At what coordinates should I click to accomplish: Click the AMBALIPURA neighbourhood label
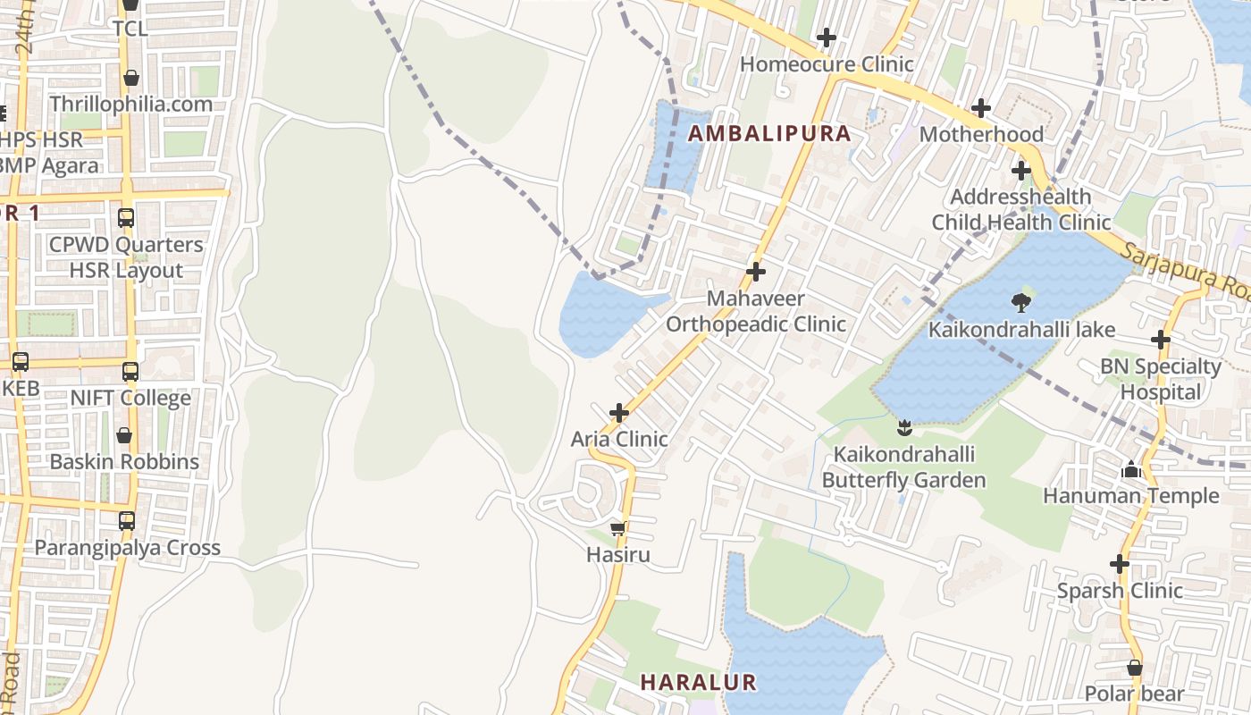pyautogui.click(x=768, y=134)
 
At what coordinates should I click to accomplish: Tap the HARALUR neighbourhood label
pyautogui.click(x=698, y=683)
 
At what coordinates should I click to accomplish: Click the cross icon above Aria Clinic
pyautogui.click(x=618, y=413)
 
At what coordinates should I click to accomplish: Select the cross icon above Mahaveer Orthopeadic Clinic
pyautogui.click(x=756, y=272)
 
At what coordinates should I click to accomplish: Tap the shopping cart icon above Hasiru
pyautogui.click(x=617, y=529)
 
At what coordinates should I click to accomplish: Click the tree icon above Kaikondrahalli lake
pyautogui.click(x=1020, y=303)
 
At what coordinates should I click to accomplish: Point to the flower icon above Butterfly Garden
pyautogui.click(x=903, y=427)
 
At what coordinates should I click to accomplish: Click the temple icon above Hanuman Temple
pyautogui.click(x=1131, y=469)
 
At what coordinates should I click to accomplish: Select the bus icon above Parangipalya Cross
pyautogui.click(x=127, y=521)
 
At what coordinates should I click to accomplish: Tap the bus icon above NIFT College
pyautogui.click(x=130, y=372)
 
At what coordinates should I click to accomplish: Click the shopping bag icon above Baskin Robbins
pyautogui.click(x=124, y=435)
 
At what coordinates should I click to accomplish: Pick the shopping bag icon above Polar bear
pyautogui.click(x=1134, y=668)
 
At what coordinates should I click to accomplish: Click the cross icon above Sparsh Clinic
pyautogui.click(x=1120, y=564)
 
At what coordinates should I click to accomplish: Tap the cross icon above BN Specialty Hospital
pyautogui.click(x=1161, y=340)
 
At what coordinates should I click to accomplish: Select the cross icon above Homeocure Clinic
pyautogui.click(x=827, y=38)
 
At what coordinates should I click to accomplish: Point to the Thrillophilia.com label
pyautogui.click(x=131, y=105)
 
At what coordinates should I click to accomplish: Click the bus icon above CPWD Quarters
pyautogui.click(x=126, y=218)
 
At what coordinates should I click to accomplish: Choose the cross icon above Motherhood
pyautogui.click(x=981, y=108)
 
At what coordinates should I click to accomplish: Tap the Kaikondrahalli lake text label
pyautogui.click(x=1021, y=330)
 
